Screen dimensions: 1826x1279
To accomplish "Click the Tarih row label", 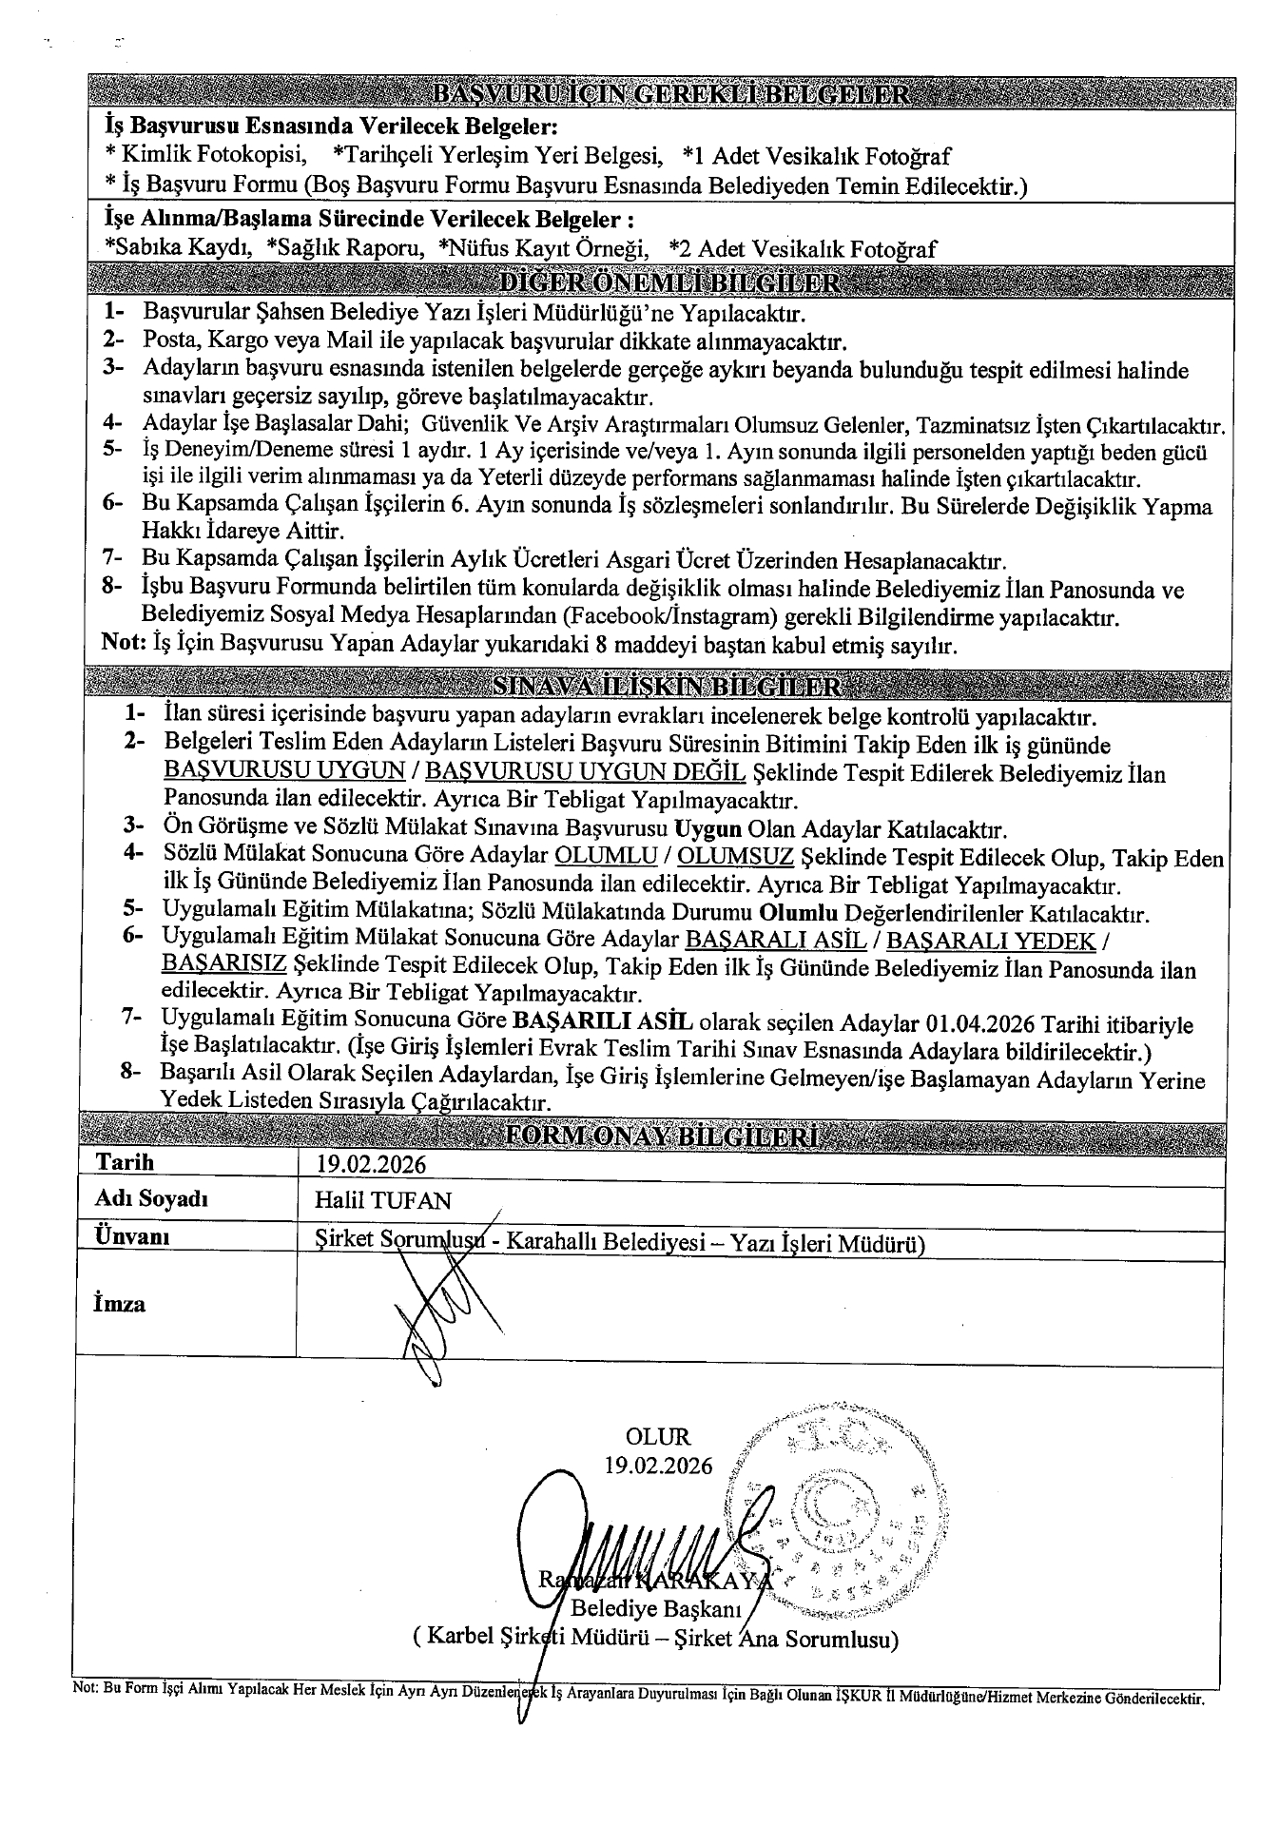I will click(125, 1163).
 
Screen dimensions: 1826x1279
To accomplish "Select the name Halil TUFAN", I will click(383, 1200).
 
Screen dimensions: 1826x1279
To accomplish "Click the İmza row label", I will click(120, 1303).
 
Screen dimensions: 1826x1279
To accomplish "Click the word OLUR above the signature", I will click(658, 1437).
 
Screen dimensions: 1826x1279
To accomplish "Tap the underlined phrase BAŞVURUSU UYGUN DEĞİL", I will click(584, 770).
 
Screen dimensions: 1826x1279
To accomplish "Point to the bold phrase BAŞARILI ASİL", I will click(601, 1023).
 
